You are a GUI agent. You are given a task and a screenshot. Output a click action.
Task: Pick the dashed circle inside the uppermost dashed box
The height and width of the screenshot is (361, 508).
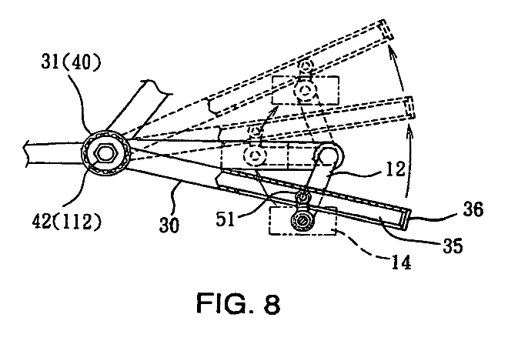[307, 91]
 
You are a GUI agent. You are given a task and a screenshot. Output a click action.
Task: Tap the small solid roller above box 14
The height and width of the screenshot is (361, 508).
[306, 199]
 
